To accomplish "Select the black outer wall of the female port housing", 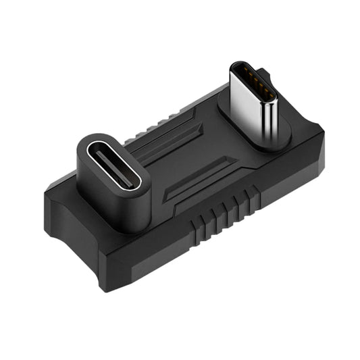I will tap(115, 203).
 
